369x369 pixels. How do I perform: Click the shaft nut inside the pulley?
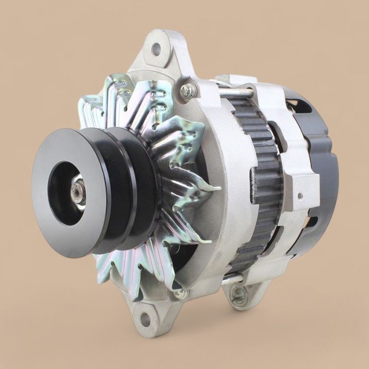coord(77,191)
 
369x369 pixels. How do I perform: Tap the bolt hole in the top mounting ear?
coord(156,49)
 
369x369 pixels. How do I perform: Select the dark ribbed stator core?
coord(258,184)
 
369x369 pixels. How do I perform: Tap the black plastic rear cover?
coord(322,174)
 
